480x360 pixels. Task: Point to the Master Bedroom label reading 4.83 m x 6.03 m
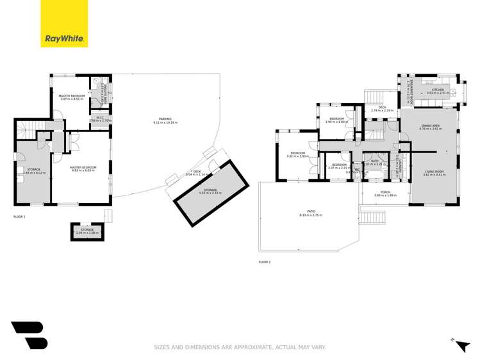tap(82, 169)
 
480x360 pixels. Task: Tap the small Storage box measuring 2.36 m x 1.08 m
tap(87, 231)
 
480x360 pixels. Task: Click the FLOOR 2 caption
tap(265, 262)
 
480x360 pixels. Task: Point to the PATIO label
tap(310, 213)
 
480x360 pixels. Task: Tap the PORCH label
tap(385, 193)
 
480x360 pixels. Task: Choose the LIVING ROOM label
tap(433, 172)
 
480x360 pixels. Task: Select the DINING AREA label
tap(430, 127)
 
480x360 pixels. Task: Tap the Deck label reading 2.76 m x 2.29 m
tap(381, 108)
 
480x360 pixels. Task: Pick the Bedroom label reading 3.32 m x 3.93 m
tap(297, 154)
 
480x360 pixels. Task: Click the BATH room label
tap(376, 161)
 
